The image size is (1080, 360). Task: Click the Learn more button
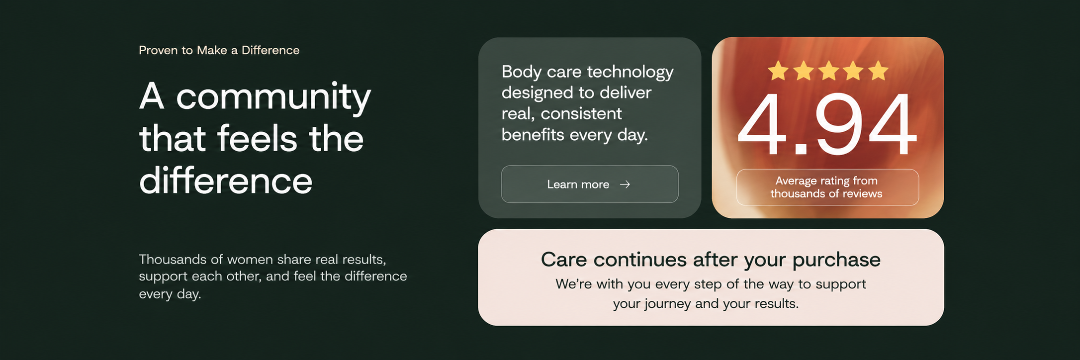coord(590,184)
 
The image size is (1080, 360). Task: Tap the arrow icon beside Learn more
coord(625,184)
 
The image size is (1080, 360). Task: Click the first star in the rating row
coord(778,71)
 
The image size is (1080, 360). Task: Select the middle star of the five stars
coord(829,71)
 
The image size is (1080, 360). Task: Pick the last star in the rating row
coord(879,71)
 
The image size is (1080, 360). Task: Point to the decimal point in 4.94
coord(801,149)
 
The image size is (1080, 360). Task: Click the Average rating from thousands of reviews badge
coord(827,187)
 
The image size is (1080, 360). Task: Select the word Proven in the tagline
coord(158,50)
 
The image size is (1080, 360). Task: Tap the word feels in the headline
coord(258,138)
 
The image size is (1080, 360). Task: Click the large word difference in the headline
coord(226,180)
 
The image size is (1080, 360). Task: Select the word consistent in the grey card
coord(581,114)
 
